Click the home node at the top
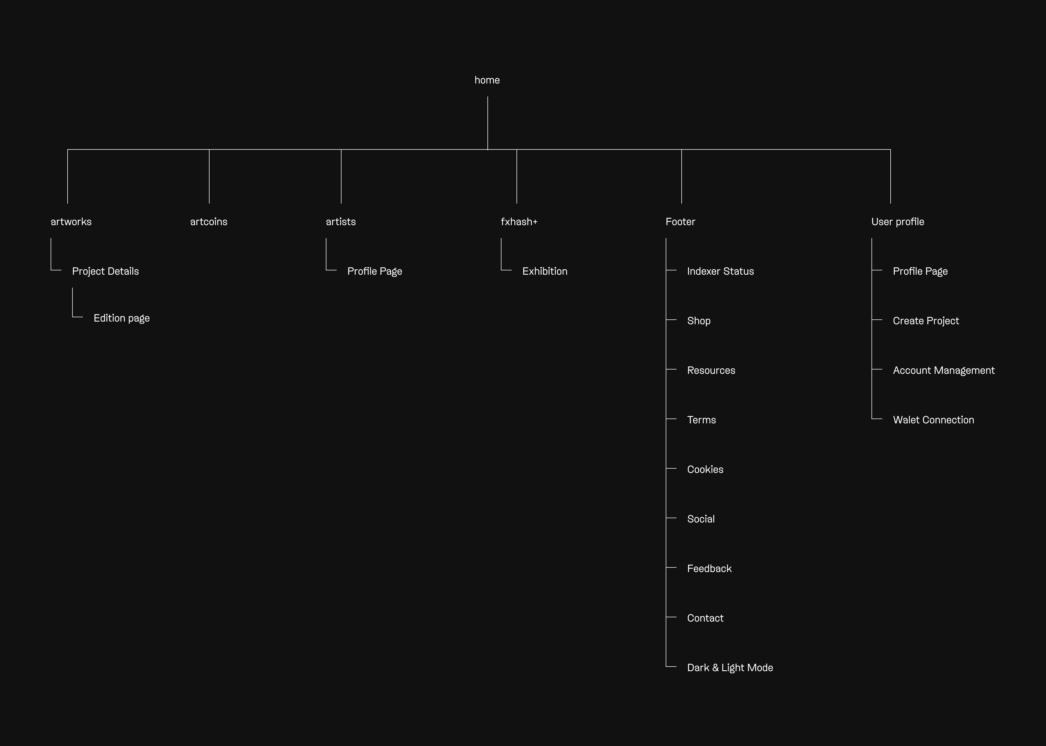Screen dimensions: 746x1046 point(487,80)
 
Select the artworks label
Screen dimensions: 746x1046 point(71,221)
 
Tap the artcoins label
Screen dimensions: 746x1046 point(208,221)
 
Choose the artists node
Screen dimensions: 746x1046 point(340,221)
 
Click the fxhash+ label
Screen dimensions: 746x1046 point(519,221)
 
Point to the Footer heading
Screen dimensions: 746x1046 point(680,221)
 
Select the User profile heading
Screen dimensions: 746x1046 point(898,221)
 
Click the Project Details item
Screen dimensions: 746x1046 point(105,271)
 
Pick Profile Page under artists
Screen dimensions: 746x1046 point(374,271)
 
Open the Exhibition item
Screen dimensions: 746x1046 point(545,271)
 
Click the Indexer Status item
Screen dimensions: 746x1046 point(720,271)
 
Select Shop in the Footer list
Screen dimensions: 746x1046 point(699,321)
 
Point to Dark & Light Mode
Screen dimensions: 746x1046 point(730,667)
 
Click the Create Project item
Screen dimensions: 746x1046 point(926,321)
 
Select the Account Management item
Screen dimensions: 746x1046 point(944,370)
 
